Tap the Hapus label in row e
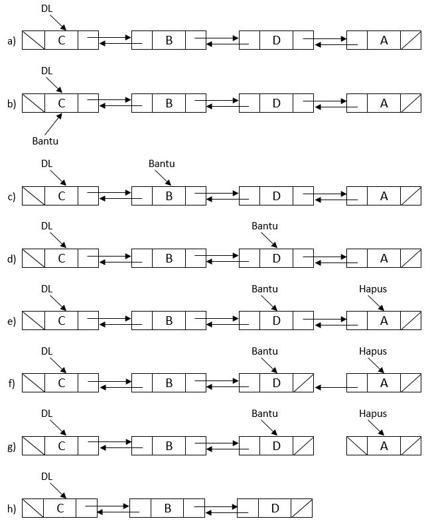pos(372,289)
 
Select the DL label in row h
pos(46,476)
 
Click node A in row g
pos(384,445)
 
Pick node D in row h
pos(275,508)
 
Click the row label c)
pos(11,197)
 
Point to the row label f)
pos(11,384)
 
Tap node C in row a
pos(61,40)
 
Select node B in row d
pos(169,259)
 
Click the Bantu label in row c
pos(161,163)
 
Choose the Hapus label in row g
pos(372,413)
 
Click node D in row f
pos(276,383)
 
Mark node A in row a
pos(384,40)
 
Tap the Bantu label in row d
pos(265,226)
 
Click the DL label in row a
pos(46,9)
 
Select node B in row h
pos(167,508)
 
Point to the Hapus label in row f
pos(372,351)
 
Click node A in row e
pos(384,321)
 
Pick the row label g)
pos(11,447)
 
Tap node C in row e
pos(61,321)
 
